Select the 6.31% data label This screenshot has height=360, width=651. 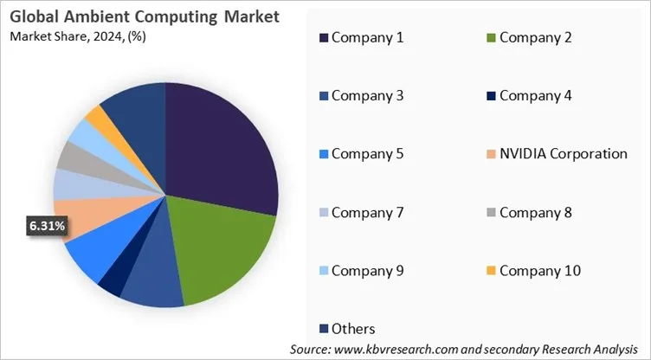[46, 226]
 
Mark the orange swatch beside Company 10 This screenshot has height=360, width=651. [492, 271]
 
